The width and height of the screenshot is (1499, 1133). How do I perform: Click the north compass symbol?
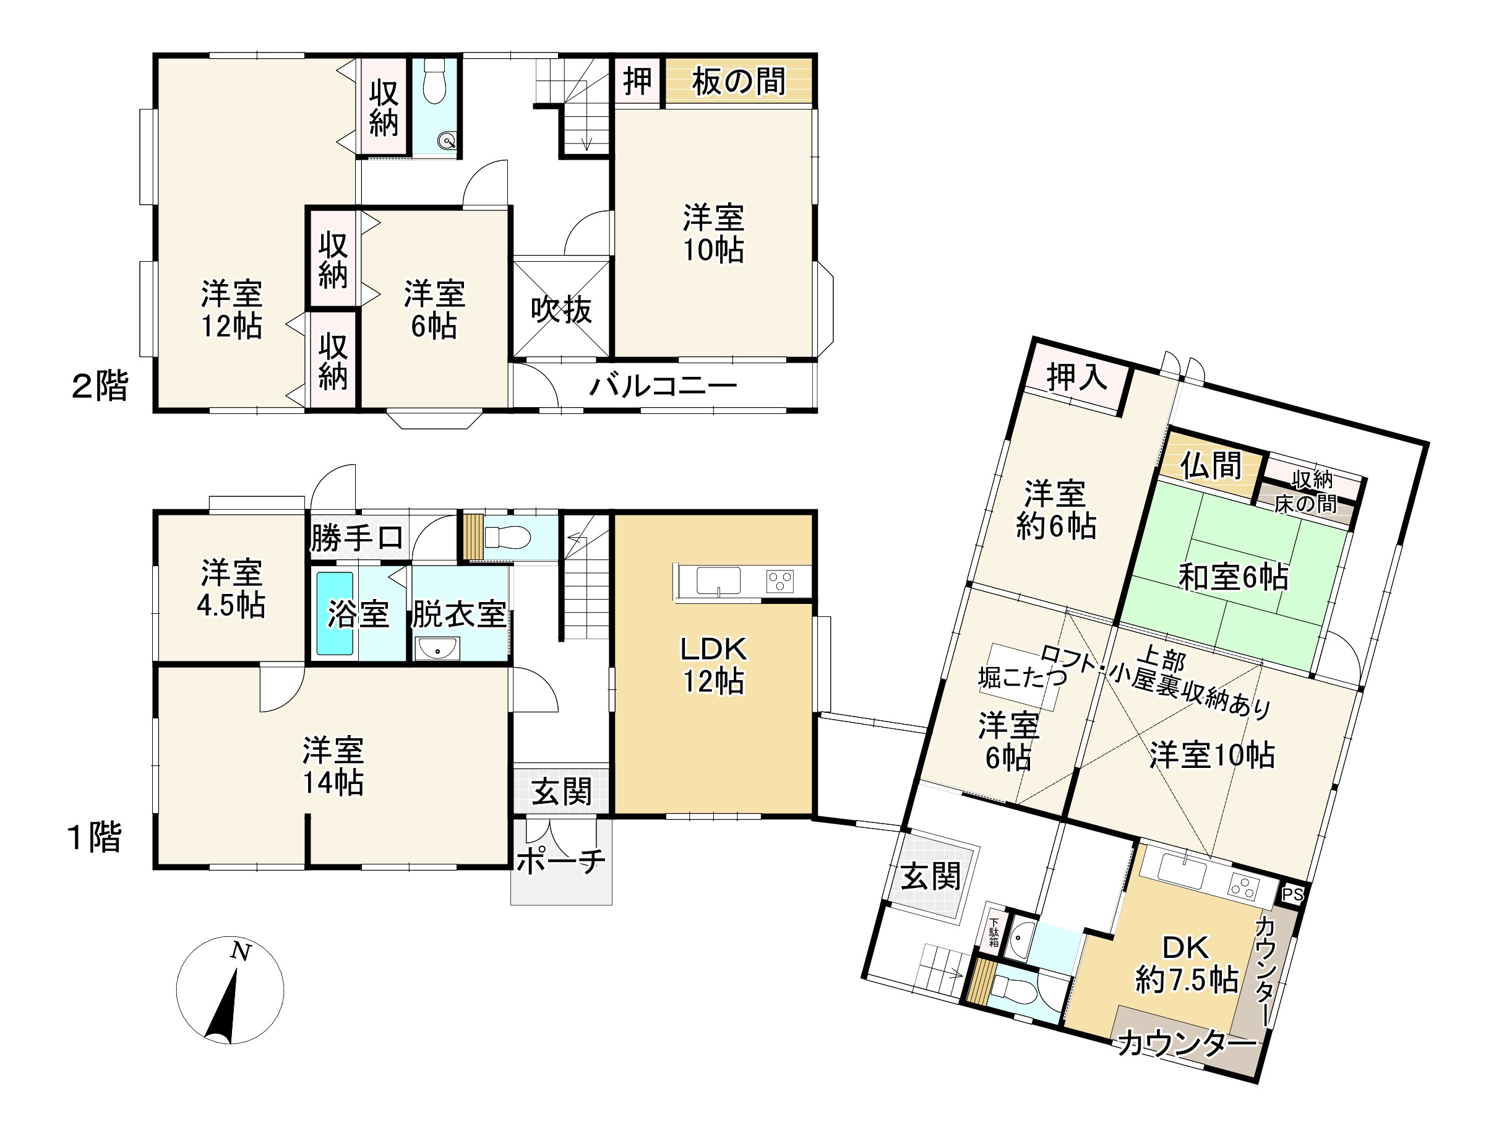tap(230, 990)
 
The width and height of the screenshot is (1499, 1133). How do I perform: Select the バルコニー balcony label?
tap(663, 386)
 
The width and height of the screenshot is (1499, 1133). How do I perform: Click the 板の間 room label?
tap(738, 81)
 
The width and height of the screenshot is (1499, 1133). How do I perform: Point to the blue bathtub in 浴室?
tap(335, 613)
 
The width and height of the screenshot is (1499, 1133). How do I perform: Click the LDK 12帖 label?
tap(713, 665)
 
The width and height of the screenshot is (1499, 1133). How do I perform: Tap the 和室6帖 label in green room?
tap(1234, 577)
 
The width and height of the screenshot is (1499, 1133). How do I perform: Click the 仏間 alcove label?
tap(1211, 465)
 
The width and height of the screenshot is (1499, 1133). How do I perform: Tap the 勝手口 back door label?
tap(357, 539)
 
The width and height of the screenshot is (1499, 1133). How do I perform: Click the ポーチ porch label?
tap(561, 861)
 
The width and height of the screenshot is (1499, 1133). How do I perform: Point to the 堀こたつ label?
tap(1023, 677)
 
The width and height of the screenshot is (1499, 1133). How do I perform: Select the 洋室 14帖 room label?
tap(333, 765)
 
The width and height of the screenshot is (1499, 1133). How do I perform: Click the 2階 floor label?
tap(100, 386)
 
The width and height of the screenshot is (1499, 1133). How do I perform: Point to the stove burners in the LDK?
tap(780, 580)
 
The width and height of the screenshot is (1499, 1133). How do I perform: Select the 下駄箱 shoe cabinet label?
tap(994, 933)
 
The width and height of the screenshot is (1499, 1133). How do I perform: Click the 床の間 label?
tap(1305, 504)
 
